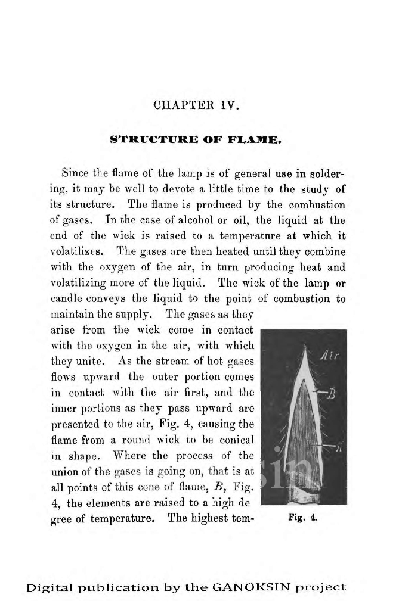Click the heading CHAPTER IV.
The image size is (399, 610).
(x=196, y=107)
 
